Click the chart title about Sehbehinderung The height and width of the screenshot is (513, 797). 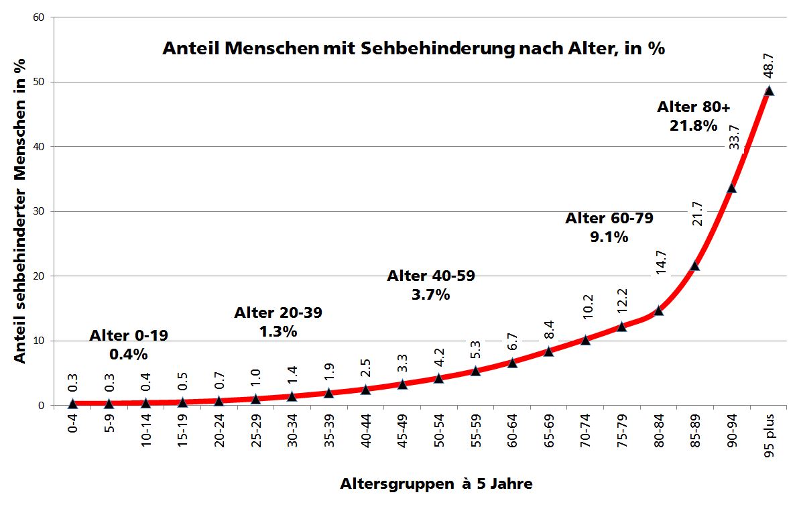pyautogui.click(x=414, y=49)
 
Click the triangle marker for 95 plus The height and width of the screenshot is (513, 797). pyautogui.click(x=769, y=91)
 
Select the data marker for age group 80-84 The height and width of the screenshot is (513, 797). pyautogui.click(x=658, y=310)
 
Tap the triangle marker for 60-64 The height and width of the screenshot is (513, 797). pyautogui.click(x=512, y=362)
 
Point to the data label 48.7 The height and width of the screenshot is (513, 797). pyautogui.click(x=769, y=68)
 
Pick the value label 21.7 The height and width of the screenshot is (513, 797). pyautogui.click(x=696, y=213)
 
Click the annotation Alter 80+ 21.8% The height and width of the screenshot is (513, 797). pyautogui.click(x=693, y=116)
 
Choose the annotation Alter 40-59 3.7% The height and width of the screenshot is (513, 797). pyautogui.click(x=431, y=285)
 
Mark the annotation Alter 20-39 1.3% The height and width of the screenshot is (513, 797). pyautogui.click(x=278, y=322)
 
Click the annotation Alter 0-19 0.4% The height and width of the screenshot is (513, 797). pyautogui.click(x=129, y=345)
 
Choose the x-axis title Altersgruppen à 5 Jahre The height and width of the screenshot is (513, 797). pyautogui.click(x=436, y=483)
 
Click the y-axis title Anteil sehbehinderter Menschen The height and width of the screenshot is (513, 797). pyautogui.click(x=21, y=210)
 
